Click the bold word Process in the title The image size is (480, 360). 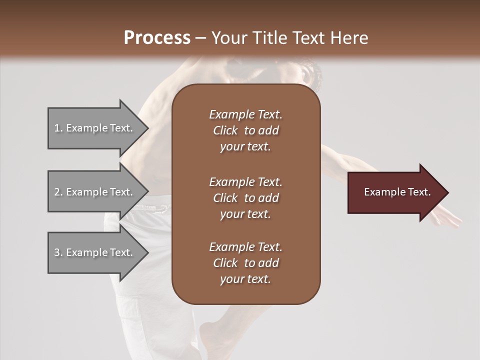pyautogui.click(x=157, y=37)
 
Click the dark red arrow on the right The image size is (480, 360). pyautogui.click(x=395, y=192)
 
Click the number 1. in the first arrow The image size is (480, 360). pyautogui.click(x=58, y=128)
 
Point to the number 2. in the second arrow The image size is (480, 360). pyautogui.click(x=58, y=192)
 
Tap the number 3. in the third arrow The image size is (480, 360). pyautogui.click(x=58, y=252)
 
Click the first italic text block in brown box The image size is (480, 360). pyautogui.click(x=245, y=130)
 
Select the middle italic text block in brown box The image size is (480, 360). pyautogui.click(x=245, y=197)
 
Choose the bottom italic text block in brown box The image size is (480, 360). pyautogui.click(x=245, y=263)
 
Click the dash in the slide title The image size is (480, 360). pyautogui.click(x=200, y=38)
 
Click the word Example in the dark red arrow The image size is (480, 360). pyautogui.click(x=380, y=192)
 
